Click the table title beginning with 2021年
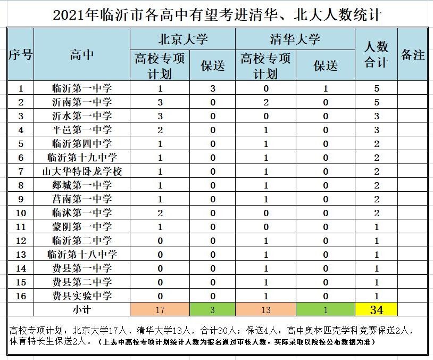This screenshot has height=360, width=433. (x=217, y=14)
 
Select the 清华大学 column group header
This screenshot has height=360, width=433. (x=295, y=39)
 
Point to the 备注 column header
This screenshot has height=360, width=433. (x=412, y=54)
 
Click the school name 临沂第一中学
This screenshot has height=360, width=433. (x=82, y=88)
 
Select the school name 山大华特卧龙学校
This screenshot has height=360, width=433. (x=82, y=171)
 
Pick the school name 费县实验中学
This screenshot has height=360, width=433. (x=82, y=296)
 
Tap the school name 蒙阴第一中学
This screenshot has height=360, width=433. (x=82, y=227)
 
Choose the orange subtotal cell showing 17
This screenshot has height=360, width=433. (x=160, y=309)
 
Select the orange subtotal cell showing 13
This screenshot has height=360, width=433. (x=265, y=309)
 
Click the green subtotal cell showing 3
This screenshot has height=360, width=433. (x=213, y=309)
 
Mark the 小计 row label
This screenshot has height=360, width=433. (x=82, y=309)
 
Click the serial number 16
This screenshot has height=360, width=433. (x=21, y=296)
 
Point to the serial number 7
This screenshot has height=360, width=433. (x=21, y=171)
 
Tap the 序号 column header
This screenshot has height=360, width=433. (x=21, y=54)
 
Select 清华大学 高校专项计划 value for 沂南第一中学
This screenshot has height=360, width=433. (x=265, y=102)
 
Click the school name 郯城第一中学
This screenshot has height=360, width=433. (x=82, y=185)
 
